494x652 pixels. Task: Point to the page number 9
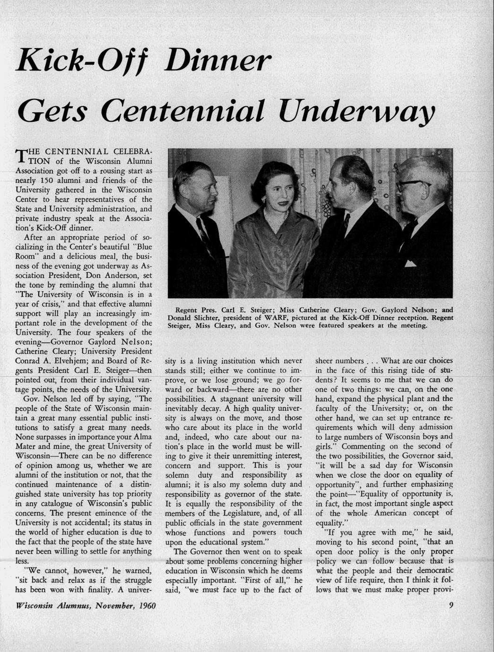pyautogui.click(x=451, y=605)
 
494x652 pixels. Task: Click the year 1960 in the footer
pyautogui.click(x=147, y=606)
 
